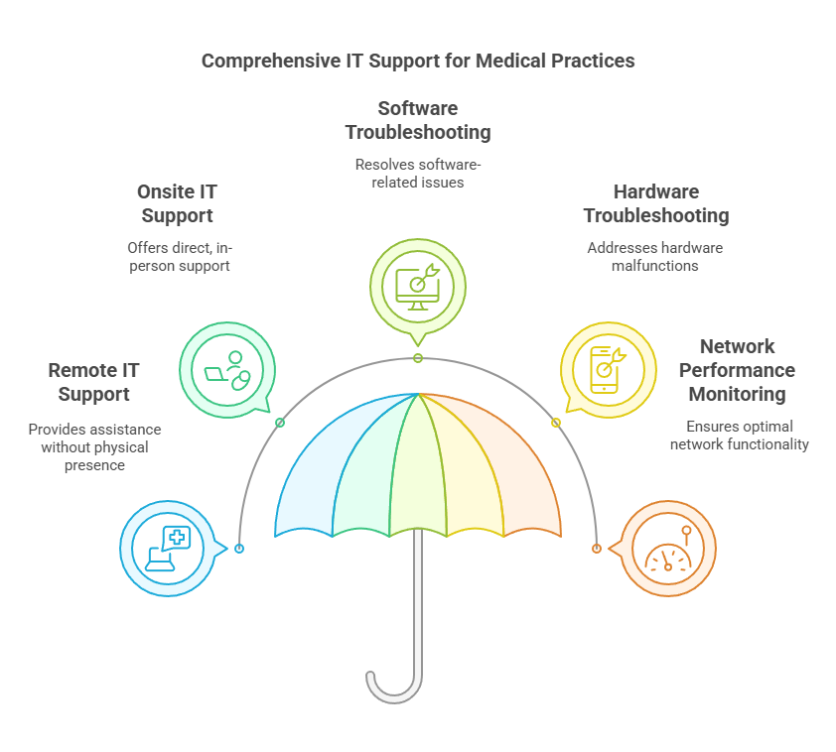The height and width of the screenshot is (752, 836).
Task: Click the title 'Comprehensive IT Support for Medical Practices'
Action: pyautogui.click(x=418, y=61)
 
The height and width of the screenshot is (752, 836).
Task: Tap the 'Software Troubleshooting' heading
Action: pyautogui.click(x=417, y=120)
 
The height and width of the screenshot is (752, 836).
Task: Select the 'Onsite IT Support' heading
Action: pyautogui.click(x=178, y=203)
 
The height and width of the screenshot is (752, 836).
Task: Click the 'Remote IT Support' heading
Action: pyautogui.click(x=93, y=382)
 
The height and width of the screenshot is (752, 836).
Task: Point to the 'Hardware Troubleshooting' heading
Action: pyautogui.click(x=655, y=203)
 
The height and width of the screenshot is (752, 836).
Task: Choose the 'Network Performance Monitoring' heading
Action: pyautogui.click(x=736, y=370)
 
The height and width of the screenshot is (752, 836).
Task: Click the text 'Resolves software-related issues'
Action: pyautogui.click(x=417, y=174)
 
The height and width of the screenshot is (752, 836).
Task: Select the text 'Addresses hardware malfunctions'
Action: pyautogui.click(x=655, y=257)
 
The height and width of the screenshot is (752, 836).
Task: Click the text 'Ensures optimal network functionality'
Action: pyautogui.click(x=739, y=436)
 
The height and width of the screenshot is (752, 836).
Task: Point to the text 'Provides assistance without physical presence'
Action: pyautogui.click(x=94, y=447)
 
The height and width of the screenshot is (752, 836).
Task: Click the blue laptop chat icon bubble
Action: pyautogui.click(x=168, y=549)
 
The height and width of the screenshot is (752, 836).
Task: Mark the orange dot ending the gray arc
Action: pyautogui.click(x=597, y=548)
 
